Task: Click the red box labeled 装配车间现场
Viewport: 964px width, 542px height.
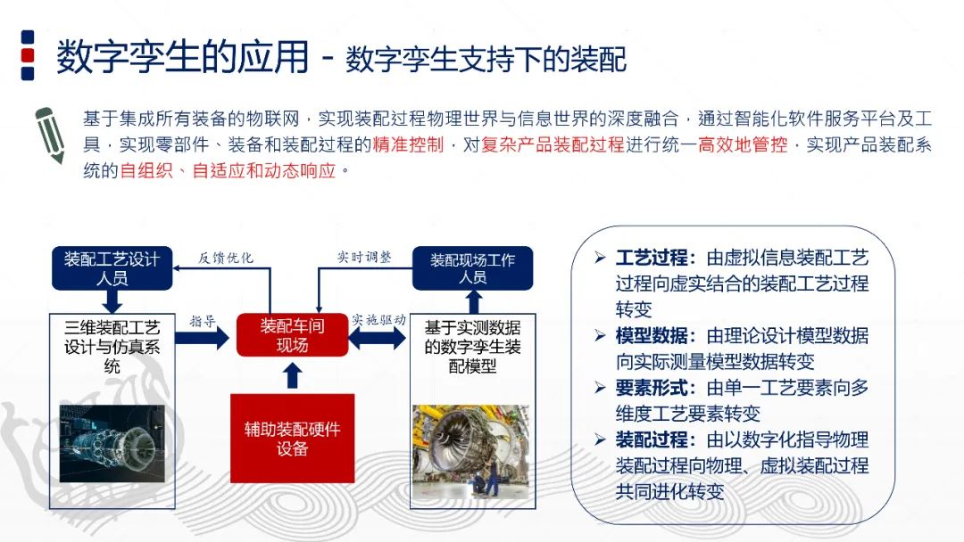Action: point(292,335)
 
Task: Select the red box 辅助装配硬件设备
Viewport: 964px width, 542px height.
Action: point(293,438)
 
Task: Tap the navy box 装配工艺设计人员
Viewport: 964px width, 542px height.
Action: point(111,268)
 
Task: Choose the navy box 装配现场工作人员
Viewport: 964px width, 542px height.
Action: point(472,268)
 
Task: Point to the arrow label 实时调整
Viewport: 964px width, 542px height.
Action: point(364,257)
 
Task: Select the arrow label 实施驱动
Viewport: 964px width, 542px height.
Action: point(378,319)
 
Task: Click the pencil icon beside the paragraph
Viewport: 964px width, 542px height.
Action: point(50,133)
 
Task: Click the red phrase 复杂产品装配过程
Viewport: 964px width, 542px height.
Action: point(553,144)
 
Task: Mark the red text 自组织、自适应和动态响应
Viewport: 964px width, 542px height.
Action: point(228,170)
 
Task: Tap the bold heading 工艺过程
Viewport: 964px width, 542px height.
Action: point(652,259)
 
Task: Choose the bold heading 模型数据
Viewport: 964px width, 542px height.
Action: point(652,336)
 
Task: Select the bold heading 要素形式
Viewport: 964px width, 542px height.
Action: point(652,388)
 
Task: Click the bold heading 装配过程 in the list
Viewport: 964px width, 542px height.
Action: point(652,439)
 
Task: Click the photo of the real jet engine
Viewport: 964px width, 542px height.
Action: point(470,450)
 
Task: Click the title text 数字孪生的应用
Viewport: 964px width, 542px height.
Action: point(182,58)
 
